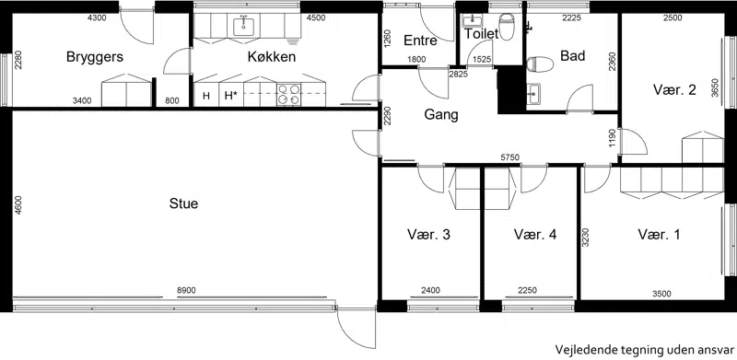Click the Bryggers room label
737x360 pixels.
click(x=95, y=57)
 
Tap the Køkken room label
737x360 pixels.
click(x=272, y=57)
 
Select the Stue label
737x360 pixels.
click(x=183, y=204)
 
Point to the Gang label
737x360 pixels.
click(x=441, y=115)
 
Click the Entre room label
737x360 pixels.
click(x=420, y=41)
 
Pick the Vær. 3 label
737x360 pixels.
click(x=428, y=235)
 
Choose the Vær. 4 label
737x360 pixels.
click(x=535, y=235)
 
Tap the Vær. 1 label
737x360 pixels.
click(x=659, y=235)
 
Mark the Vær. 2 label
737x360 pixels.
click(x=674, y=89)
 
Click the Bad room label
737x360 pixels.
click(x=572, y=56)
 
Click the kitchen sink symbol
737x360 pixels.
click(x=243, y=27)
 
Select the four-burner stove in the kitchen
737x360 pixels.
click(x=288, y=94)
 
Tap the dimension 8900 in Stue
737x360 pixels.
click(x=186, y=291)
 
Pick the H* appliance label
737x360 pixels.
click(x=230, y=96)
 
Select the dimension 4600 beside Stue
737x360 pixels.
click(x=18, y=205)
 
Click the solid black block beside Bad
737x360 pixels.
click(x=511, y=89)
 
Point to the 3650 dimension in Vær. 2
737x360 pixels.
click(x=715, y=87)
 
